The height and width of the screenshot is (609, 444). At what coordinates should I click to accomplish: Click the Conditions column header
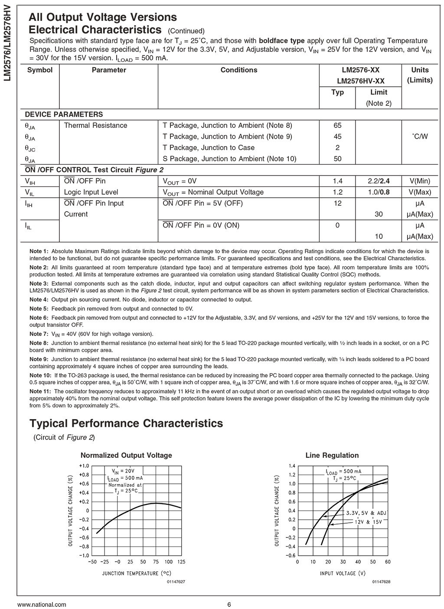(x=238, y=70)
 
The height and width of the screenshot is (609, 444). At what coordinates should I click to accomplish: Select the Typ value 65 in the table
(x=337, y=126)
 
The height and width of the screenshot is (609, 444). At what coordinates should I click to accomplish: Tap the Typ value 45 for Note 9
(x=337, y=137)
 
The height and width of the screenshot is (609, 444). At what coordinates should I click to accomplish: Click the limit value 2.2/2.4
(x=379, y=181)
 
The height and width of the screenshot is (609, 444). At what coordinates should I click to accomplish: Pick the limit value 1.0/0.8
(x=379, y=192)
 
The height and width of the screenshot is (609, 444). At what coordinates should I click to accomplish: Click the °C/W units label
(x=419, y=137)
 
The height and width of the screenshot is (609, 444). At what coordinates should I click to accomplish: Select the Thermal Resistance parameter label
(x=95, y=126)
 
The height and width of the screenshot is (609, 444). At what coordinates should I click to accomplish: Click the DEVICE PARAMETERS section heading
(x=64, y=114)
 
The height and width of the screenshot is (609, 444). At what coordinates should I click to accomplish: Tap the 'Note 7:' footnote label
(x=39, y=334)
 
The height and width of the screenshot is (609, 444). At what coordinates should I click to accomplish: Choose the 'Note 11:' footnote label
(x=40, y=391)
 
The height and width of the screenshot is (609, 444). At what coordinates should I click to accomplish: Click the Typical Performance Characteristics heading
(x=126, y=423)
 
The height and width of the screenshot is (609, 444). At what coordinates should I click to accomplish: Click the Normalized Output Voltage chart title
(x=126, y=456)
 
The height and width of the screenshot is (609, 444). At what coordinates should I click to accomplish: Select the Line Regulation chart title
(x=332, y=456)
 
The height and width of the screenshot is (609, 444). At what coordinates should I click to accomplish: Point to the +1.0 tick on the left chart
(x=84, y=466)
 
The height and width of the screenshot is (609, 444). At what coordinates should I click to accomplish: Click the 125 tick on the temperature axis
(x=181, y=562)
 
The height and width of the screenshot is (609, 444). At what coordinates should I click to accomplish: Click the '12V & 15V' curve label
(x=369, y=522)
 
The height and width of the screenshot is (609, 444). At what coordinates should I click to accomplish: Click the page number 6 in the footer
(x=229, y=605)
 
